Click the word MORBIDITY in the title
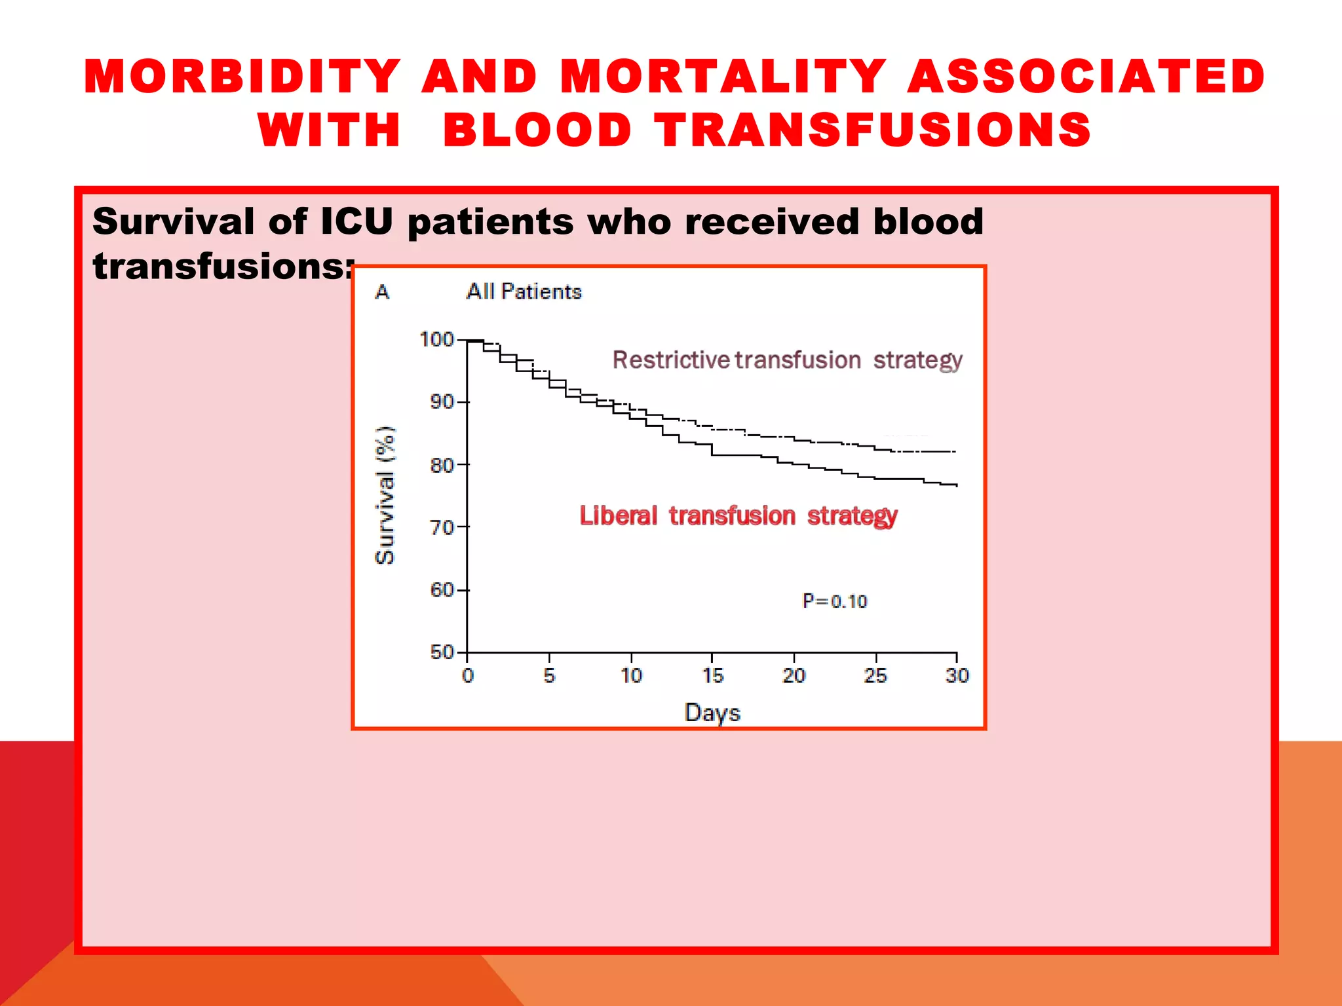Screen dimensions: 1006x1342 point(242,77)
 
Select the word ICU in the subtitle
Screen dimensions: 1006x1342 point(356,221)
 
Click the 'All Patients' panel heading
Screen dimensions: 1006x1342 point(524,291)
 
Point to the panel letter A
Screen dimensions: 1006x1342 point(382,292)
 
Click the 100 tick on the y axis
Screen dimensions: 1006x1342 point(436,339)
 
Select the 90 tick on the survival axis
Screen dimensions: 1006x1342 point(442,401)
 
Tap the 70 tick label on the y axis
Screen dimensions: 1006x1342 point(442,527)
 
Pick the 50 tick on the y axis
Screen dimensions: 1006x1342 point(442,652)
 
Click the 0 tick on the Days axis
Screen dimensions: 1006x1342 point(467,675)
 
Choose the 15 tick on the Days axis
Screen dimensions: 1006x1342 point(712,675)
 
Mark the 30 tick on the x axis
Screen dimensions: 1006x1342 point(957,675)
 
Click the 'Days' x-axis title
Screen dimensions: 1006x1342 point(712,713)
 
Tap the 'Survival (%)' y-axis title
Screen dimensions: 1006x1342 point(385,495)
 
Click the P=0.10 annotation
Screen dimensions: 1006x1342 point(834,601)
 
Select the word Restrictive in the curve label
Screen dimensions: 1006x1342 point(670,360)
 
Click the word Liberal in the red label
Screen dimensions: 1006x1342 point(618,516)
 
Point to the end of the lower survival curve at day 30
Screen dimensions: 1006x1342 point(956,485)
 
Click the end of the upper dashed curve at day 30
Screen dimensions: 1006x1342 point(955,452)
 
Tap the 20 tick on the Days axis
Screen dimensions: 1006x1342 point(794,675)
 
